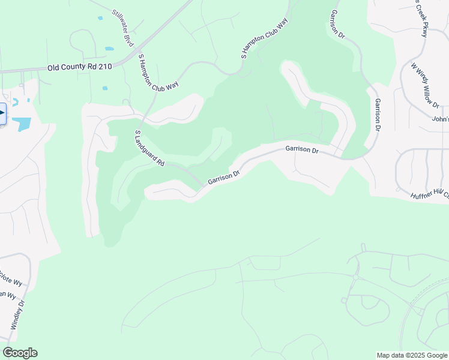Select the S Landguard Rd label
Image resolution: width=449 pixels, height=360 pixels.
(x=149, y=149)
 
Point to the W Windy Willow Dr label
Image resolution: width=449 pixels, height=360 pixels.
(x=425, y=85)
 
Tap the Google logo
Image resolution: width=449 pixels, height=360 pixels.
(x=20, y=353)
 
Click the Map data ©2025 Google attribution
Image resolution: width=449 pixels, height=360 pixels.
(x=412, y=355)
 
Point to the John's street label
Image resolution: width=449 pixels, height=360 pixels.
(x=440, y=119)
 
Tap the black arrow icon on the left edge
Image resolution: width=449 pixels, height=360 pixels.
(x=2, y=113)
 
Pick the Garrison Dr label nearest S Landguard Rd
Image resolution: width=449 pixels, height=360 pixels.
(x=224, y=177)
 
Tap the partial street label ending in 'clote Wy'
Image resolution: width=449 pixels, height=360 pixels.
(x=10, y=280)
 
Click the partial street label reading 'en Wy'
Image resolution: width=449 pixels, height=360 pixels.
(x=7, y=295)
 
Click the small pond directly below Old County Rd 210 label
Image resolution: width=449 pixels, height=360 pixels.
(x=105, y=88)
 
